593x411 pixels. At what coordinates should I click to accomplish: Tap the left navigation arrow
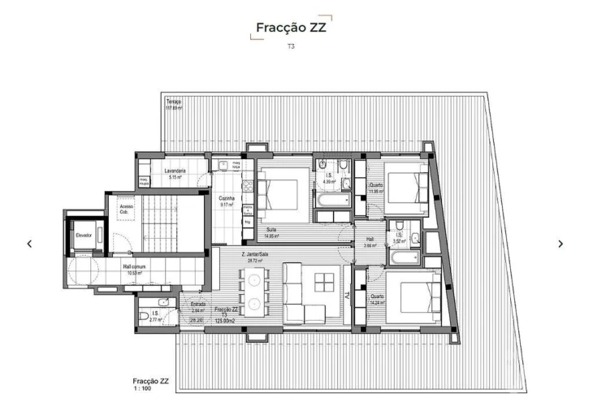click(x=30, y=244)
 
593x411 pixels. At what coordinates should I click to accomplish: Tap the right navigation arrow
click(x=561, y=244)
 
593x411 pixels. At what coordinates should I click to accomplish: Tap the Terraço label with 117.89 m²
click(x=174, y=103)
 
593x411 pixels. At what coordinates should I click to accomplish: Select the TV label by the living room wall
click(x=347, y=292)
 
